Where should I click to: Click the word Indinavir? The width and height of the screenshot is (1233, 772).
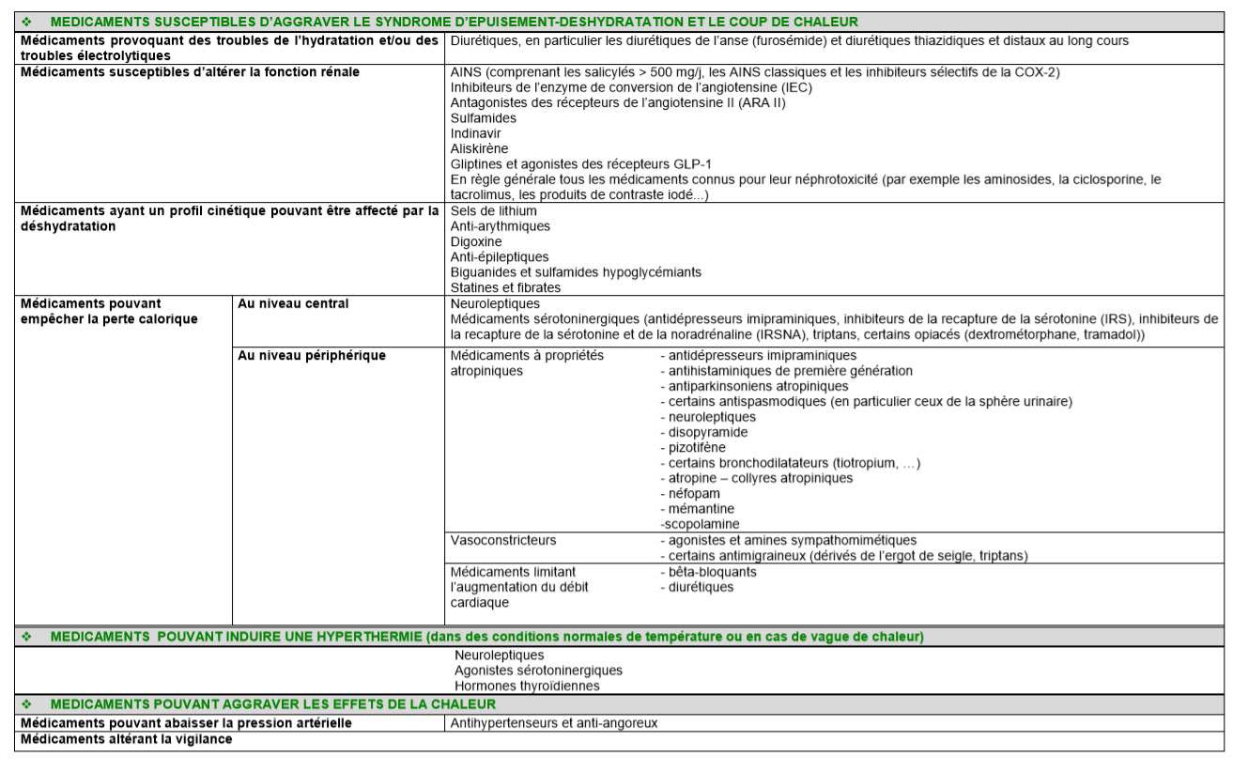click(476, 133)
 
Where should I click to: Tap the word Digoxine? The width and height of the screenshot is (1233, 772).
click(476, 241)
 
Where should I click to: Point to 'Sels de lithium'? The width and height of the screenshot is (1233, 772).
click(494, 211)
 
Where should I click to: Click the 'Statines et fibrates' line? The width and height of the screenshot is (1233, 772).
click(505, 287)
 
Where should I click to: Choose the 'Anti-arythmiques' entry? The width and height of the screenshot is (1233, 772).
click(501, 226)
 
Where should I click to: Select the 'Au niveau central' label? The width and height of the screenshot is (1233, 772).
click(293, 303)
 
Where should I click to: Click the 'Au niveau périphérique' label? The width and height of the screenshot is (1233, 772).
click(312, 356)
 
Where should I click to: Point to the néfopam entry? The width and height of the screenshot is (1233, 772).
click(695, 493)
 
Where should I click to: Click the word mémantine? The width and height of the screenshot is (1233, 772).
click(701, 508)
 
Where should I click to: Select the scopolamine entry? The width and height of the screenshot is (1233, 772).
click(700, 524)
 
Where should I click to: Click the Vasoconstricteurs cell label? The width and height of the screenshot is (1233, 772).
click(503, 540)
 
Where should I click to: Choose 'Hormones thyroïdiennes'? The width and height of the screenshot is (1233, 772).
click(527, 686)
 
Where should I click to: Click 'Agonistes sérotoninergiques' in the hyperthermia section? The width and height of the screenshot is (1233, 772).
click(538, 670)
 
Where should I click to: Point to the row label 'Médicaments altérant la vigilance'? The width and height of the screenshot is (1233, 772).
click(126, 739)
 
